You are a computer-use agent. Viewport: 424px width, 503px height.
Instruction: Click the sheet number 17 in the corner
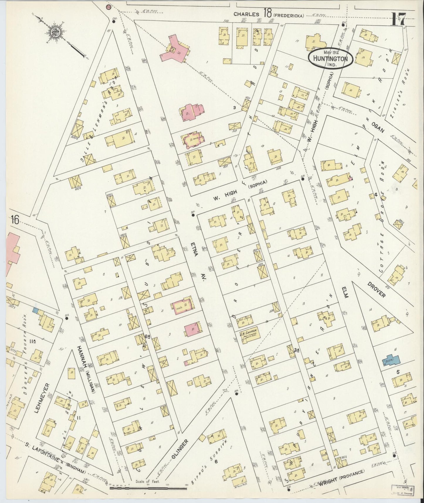398,20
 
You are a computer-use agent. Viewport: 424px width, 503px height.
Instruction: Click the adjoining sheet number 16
16,220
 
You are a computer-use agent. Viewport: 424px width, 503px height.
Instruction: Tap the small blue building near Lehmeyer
36,310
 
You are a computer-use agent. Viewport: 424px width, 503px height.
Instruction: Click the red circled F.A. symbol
109,7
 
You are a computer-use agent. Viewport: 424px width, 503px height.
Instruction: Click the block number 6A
147,337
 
